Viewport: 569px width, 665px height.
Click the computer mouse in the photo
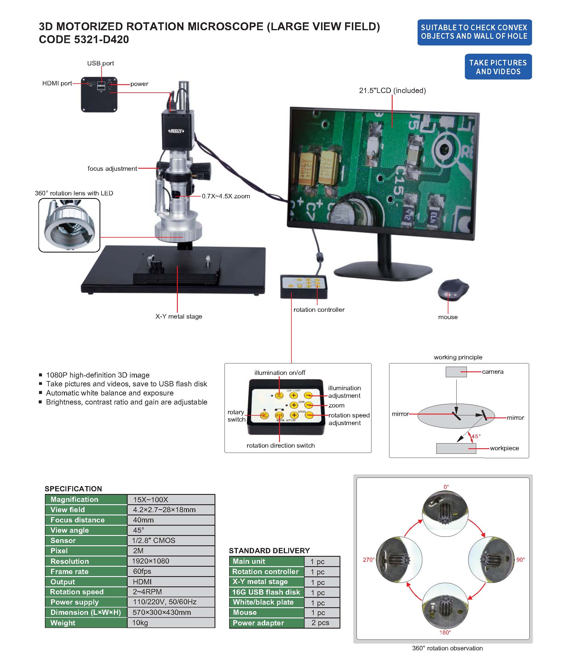coord(453,289)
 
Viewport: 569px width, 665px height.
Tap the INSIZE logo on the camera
coord(176,131)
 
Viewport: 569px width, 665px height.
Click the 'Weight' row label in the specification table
coord(63,623)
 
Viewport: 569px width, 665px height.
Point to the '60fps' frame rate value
coord(142,571)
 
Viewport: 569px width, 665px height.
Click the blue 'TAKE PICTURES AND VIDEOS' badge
coord(498,67)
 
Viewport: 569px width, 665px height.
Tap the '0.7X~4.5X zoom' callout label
coord(226,196)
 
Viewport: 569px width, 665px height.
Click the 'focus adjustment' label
coord(112,168)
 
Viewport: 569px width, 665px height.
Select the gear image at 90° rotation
coord(491,559)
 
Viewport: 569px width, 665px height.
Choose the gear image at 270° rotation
coord(399,559)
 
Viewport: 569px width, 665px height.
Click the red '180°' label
coord(445,632)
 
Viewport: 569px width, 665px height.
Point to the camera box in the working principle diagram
coord(456,372)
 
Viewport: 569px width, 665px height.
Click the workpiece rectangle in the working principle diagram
coord(456,448)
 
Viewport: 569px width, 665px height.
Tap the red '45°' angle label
coord(476,436)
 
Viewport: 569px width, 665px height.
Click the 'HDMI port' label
coord(57,83)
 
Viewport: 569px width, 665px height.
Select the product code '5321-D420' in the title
coord(102,39)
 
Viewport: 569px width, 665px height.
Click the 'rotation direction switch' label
coord(281,446)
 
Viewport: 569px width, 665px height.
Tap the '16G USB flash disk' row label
coord(266,592)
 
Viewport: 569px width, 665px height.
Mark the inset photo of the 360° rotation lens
coord(69,225)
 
